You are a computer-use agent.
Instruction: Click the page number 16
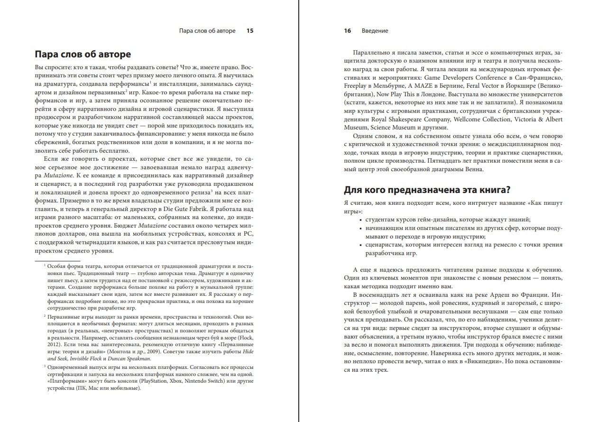tap(348, 31)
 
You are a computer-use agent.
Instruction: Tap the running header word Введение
tap(375, 31)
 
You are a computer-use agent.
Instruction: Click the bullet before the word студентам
tap(361, 220)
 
